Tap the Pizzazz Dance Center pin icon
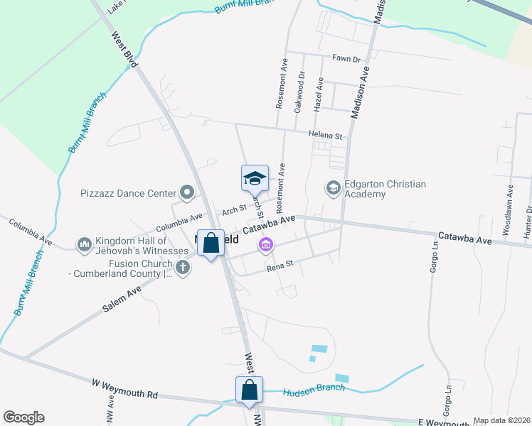point(187,192)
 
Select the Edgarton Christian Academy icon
point(332,188)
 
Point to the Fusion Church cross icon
point(183,268)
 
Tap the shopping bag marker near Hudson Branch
point(249,390)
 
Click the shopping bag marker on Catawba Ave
point(211,244)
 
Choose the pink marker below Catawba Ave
point(266,246)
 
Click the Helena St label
point(325,135)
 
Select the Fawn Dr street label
point(346,59)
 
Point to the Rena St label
point(280,268)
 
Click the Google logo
point(23,417)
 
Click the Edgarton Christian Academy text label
point(385,189)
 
